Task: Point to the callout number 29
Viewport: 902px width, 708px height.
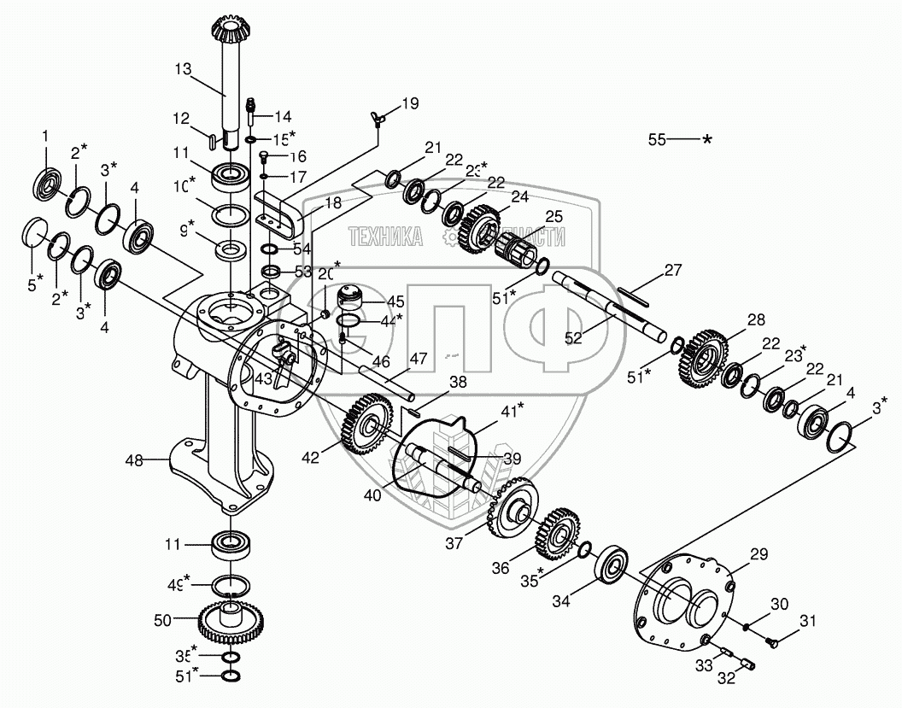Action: pos(759,555)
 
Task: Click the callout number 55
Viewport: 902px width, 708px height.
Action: pos(656,138)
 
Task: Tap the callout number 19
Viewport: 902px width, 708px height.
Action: pos(410,104)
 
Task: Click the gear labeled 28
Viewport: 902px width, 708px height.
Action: pos(707,354)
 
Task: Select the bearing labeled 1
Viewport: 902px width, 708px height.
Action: pos(46,184)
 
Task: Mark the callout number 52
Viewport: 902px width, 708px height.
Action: pos(573,337)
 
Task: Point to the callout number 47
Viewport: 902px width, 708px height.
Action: pos(418,359)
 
